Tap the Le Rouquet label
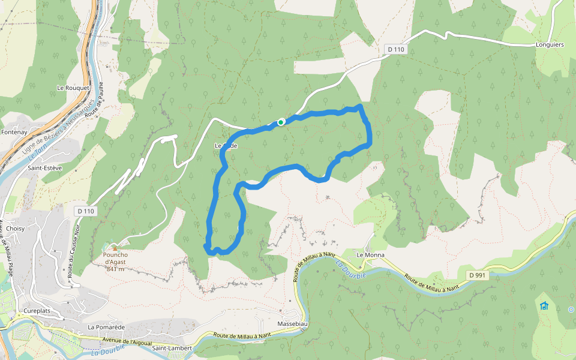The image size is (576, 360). coord(73,88)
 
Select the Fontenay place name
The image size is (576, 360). coord(15,132)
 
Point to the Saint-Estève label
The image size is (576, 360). coord(44,168)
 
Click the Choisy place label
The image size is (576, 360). coord(15,212)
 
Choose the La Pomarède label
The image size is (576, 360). coord(106,327)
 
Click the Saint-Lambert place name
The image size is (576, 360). coord(172,348)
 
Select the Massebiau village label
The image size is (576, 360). coord(293,324)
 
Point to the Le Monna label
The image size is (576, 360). coord(370,255)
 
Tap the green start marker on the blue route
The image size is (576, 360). coord(281,122)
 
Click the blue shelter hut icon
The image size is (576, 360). coord(544,305)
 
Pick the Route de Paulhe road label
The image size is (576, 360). coord(97,99)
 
